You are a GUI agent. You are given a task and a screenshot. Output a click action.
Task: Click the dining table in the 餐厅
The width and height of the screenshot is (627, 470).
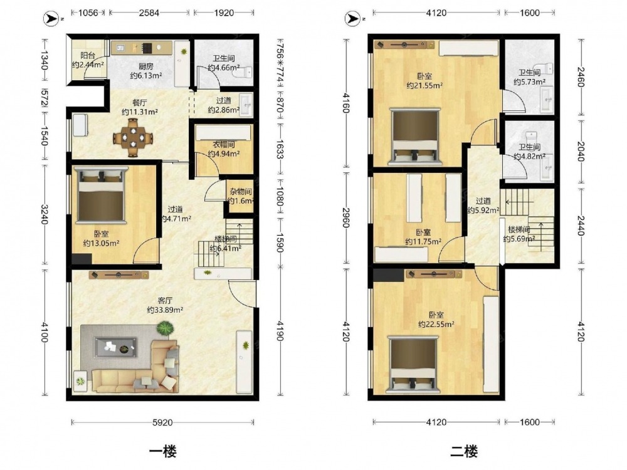click(133, 137)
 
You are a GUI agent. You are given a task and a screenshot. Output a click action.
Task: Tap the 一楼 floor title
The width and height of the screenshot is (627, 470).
click(163, 451)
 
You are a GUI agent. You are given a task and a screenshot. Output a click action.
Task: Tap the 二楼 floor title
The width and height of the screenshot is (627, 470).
click(464, 451)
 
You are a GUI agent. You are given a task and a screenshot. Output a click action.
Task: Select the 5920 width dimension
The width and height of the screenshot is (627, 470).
click(163, 422)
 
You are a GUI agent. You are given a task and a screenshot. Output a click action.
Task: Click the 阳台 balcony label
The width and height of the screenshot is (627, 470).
click(88, 56)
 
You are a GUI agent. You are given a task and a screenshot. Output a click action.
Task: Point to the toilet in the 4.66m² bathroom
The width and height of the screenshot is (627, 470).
click(245, 72)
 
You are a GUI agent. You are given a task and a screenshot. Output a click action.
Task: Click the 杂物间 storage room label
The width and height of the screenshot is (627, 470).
click(240, 192)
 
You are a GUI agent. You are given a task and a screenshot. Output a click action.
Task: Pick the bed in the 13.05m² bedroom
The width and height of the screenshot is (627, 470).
click(101, 195)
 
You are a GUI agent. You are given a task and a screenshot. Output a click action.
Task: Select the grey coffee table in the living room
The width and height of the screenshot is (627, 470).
click(115, 347)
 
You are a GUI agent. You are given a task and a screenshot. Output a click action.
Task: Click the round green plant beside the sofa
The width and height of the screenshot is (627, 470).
click(165, 330)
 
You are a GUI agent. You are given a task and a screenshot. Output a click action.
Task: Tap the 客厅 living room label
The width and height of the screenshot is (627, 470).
click(165, 300)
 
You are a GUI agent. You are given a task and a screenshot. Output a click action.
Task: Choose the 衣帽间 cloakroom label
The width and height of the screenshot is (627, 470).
click(224, 144)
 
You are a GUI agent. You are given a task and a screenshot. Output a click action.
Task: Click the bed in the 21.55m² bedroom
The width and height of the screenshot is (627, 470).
click(416, 136)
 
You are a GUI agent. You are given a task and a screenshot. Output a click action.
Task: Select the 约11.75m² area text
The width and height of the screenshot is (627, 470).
click(423, 242)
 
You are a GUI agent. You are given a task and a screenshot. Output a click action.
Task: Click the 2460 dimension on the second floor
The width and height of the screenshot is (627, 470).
click(582, 76)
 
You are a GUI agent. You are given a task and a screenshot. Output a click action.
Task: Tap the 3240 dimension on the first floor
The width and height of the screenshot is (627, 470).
click(44, 214)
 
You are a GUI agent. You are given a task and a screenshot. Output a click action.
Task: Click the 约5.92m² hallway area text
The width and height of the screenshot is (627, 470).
click(483, 210)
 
